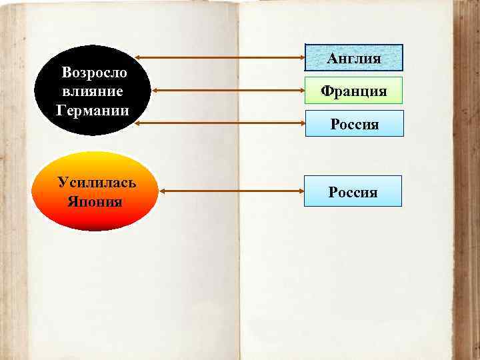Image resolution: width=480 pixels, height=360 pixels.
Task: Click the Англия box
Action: [x=354, y=58]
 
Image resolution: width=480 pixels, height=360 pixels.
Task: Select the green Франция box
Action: [x=354, y=90]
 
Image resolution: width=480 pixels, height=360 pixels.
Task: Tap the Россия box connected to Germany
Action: [x=354, y=124]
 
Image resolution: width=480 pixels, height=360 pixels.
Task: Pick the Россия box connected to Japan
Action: [x=353, y=192]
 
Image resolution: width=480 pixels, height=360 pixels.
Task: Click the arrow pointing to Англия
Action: [x=220, y=57]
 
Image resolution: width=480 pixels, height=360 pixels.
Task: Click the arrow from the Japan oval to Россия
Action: [x=231, y=191]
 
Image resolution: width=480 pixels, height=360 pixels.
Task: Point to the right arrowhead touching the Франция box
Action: [x=301, y=90]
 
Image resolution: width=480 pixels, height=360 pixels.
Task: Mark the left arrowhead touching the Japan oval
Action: [x=164, y=191]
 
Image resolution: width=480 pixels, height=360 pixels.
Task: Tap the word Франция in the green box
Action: [x=354, y=90]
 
